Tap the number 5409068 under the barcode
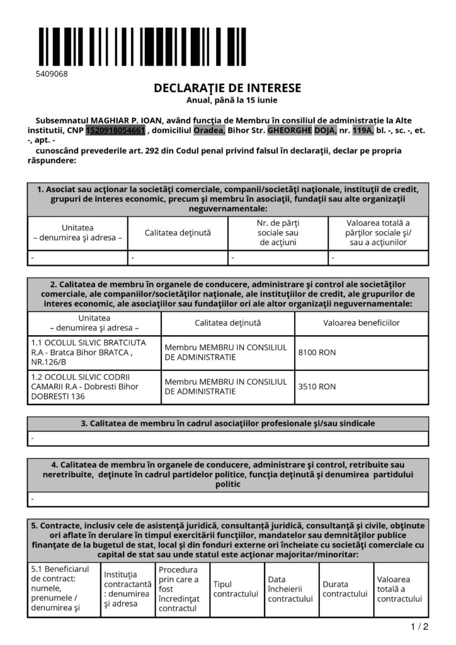tap(52, 74)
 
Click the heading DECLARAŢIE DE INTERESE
tap(227, 88)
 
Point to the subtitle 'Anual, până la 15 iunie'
tap(227, 100)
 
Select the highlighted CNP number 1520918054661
tap(115, 130)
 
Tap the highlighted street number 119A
tap(362, 130)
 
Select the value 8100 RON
tap(316, 353)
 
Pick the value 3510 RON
tap(316, 387)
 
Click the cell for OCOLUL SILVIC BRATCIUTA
tap(94, 353)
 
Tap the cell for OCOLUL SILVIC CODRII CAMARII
tap(94, 387)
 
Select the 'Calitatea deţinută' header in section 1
tap(178, 233)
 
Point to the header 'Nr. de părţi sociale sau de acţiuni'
tap(277, 233)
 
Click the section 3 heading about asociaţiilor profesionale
tap(227, 423)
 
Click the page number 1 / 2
tap(419, 627)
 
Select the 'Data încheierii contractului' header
tap(290, 589)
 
